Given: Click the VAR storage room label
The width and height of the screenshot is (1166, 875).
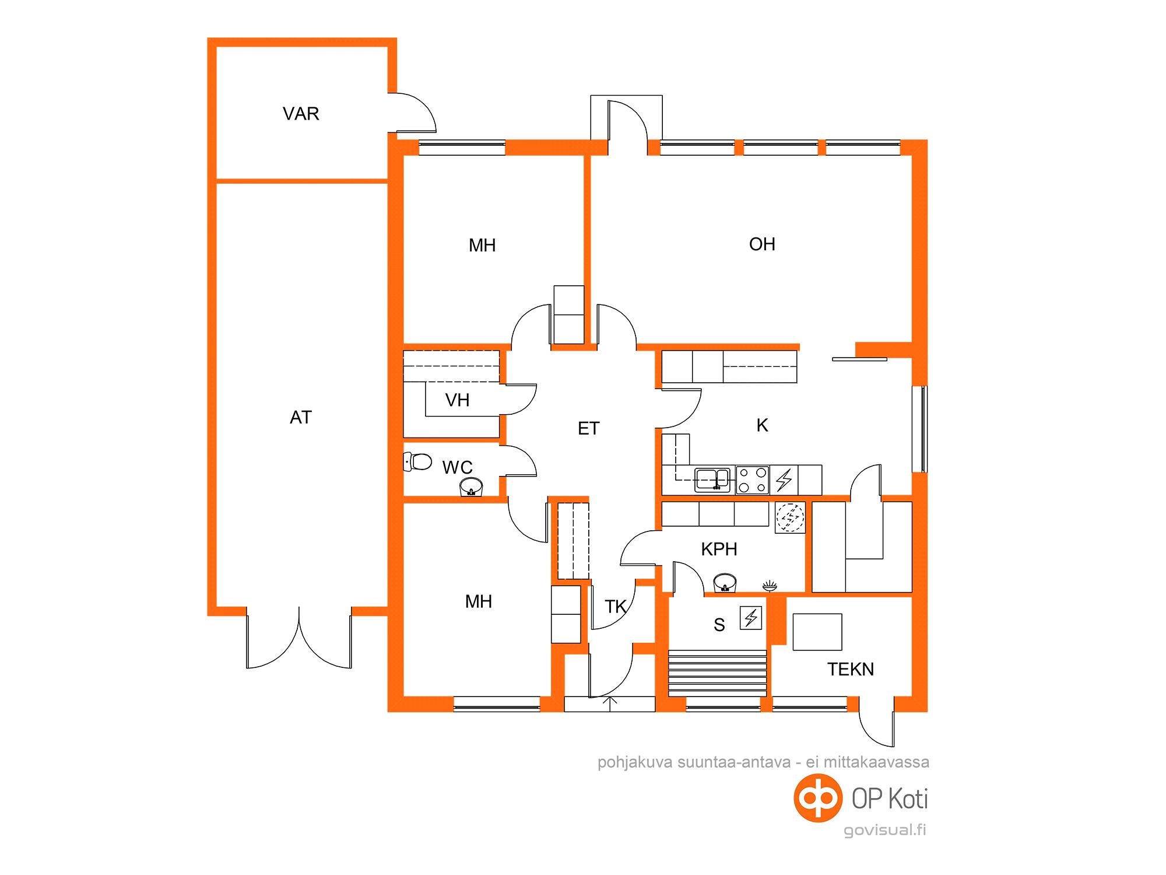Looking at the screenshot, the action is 301,113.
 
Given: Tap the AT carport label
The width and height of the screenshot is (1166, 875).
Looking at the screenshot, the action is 301,417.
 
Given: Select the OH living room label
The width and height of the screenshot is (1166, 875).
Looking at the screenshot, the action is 762,244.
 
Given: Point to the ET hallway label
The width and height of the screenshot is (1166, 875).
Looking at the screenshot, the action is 588,429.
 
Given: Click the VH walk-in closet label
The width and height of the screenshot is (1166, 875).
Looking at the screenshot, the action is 457,400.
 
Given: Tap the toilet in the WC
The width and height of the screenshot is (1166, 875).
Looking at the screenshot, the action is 417,461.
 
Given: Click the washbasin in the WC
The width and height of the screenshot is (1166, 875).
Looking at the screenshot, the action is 471,487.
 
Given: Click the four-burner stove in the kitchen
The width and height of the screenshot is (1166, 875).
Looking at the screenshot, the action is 752,480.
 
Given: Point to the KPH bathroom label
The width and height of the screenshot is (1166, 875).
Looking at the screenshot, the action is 719,549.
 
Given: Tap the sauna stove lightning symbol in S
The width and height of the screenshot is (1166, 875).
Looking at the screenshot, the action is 751,618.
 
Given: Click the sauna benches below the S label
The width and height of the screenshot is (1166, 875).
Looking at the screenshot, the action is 717,672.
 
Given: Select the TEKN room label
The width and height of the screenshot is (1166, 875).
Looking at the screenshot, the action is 851,669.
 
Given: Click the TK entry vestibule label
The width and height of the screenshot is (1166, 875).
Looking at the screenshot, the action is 616,607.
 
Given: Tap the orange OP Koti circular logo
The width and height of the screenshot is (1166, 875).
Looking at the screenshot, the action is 818,798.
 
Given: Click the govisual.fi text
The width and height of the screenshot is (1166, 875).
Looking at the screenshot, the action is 885,830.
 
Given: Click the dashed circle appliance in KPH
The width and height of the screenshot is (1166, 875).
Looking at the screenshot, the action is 790,517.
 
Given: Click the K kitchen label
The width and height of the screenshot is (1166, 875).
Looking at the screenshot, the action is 762,426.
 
